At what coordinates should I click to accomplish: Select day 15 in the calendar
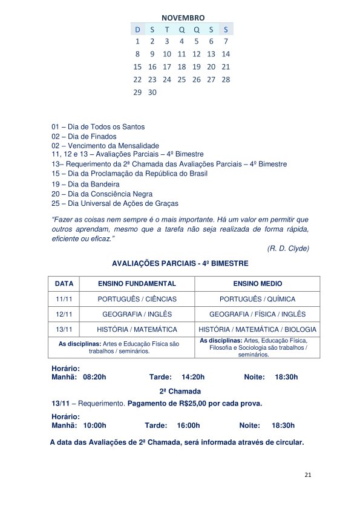pyautogui.click(x=137, y=67)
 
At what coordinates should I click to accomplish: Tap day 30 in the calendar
pyautogui.click(x=152, y=92)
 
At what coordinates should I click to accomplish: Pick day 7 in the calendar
pyautogui.click(x=226, y=41)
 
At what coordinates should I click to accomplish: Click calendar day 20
pyautogui.click(x=211, y=67)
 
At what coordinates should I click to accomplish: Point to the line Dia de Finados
pyautogui.click(x=84, y=136)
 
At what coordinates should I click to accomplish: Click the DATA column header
pyautogui.click(x=64, y=283)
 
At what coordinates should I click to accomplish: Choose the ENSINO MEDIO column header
pyautogui.click(x=257, y=283)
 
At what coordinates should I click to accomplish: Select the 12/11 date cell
pyautogui.click(x=64, y=314)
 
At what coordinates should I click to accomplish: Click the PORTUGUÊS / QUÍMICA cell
pyautogui.click(x=257, y=299)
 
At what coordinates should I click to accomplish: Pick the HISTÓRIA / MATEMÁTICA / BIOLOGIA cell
pyautogui.click(x=257, y=329)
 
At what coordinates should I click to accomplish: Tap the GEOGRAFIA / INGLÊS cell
pyautogui.click(x=137, y=314)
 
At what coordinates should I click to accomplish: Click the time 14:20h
pyautogui.click(x=193, y=376)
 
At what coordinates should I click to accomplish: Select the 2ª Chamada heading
pyautogui.click(x=180, y=391)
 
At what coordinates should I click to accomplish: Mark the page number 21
pyautogui.click(x=308, y=475)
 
